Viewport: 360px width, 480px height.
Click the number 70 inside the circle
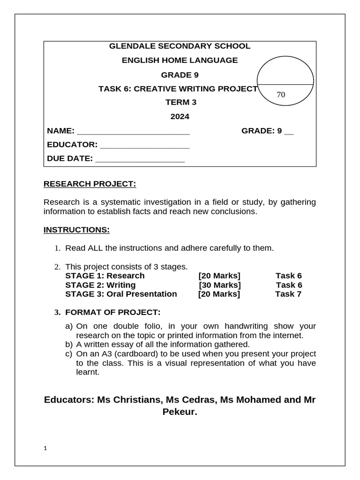281,95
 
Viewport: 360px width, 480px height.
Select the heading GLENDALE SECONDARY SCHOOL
180,46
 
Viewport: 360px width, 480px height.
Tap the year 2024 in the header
180,117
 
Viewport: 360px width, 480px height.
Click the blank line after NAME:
133,132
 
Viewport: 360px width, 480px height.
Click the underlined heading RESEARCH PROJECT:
90,184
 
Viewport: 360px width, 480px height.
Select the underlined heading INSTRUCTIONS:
76,230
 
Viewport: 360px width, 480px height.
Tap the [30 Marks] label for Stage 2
220,285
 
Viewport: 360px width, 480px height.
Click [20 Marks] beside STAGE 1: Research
219,276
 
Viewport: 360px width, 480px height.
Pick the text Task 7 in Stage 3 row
288,294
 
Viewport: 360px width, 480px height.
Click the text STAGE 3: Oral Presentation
121,294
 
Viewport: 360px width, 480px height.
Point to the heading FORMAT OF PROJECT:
112,312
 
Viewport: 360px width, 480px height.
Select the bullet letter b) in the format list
69,345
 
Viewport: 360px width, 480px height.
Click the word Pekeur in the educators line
179,412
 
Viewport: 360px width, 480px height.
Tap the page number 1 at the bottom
45,449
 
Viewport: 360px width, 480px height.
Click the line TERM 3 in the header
180,103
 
